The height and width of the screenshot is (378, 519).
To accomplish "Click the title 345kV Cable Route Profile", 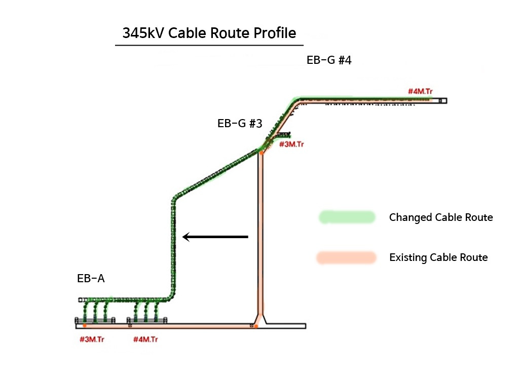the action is click(209, 33).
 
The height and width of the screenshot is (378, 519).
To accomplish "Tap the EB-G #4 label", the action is click(329, 60).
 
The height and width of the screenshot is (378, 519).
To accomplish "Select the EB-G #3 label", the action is click(240, 124).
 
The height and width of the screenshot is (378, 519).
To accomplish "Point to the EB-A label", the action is click(91, 278).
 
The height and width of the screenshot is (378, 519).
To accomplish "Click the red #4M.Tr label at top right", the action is click(420, 91).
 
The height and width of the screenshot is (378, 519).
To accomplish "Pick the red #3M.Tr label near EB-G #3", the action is click(291, 144).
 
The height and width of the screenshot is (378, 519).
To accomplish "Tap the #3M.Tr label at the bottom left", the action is click(92, 339).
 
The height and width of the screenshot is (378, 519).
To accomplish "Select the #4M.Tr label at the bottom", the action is click(145, 339).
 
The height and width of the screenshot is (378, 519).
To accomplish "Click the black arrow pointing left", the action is click(215, 237).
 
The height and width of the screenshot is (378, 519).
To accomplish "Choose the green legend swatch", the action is click(347, 217).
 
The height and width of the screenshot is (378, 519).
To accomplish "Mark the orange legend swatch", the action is click(346, 257).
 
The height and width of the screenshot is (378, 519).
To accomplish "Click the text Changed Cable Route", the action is click(441, 217).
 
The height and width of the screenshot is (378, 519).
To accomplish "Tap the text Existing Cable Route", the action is click(438, 257).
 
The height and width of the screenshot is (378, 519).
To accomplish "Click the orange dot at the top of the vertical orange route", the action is click(261, 153).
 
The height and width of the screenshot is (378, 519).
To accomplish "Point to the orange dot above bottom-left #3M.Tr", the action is click(85, 326).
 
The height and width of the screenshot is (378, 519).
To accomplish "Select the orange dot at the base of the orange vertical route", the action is click(256, 326).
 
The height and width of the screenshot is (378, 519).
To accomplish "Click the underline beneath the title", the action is click(209, 45).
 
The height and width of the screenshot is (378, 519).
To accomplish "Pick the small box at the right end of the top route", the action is click(443, 101).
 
